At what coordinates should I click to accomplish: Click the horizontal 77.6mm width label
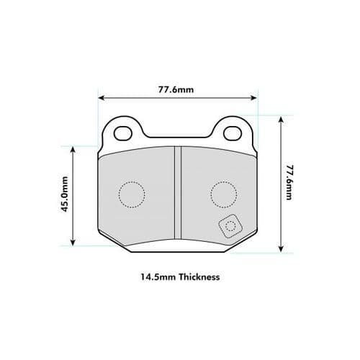click(x=177, y=89)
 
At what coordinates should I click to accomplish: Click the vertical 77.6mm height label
click(x=289, y=181)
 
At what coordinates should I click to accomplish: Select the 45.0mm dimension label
click(x=65, y=194)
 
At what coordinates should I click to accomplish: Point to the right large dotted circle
click(x=223, y=193)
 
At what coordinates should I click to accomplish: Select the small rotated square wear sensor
click(x=230, y=228)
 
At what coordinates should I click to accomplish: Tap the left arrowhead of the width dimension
click(x=102, y=99)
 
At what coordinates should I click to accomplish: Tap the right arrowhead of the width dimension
click(x=254, y=99)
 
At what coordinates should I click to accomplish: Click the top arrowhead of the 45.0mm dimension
click(x=72, y=148)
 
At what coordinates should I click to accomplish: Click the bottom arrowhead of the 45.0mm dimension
click(x=72, y=243)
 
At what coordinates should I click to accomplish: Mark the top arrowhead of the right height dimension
click(x=279, y=117)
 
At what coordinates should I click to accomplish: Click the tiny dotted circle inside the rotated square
click(x=230, y=228)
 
